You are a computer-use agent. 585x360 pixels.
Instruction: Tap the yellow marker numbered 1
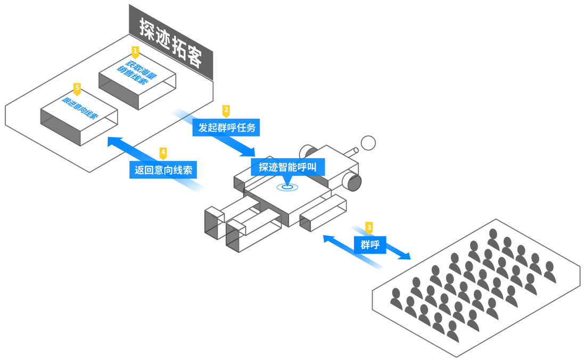135,52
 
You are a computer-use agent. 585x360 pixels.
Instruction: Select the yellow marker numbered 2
226,111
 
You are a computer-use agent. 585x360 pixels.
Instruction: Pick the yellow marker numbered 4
163,153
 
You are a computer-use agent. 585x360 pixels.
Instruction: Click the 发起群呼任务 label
226,128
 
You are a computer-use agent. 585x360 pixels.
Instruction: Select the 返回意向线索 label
163,170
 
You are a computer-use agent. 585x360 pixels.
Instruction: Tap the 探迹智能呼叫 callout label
287,167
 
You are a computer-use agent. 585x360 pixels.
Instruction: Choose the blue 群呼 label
370,244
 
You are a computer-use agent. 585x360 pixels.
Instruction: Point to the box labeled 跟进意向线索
79,109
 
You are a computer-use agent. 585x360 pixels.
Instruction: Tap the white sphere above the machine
368,143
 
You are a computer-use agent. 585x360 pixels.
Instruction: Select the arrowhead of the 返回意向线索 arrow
114,141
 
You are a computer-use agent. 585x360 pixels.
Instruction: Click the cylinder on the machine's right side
352,181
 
